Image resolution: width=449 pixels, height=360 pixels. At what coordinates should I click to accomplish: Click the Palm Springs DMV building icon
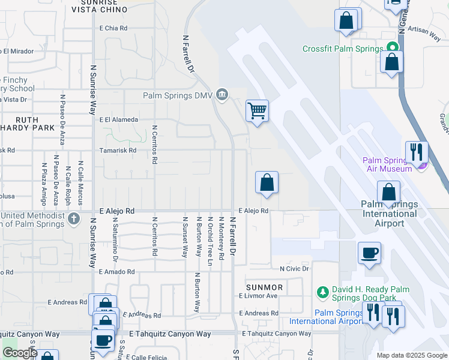click(222, 94)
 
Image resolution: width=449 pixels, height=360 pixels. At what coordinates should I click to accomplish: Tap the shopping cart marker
click(257, 110)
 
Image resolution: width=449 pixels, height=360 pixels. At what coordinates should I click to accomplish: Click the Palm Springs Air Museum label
click(387, 164)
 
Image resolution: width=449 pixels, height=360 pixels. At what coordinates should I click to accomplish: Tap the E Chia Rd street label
click(113, 28)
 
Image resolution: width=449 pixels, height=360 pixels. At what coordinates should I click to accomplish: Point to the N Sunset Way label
click(184, 237)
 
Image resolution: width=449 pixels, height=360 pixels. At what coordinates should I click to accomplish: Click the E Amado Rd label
click(117, 272)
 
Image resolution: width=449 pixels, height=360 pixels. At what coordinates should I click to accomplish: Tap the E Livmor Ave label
click(258, 296)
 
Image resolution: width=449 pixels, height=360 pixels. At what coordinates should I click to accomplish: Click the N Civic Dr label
click(290, 268)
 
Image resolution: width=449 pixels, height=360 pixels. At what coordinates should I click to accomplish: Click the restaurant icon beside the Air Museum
click(416, 152)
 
